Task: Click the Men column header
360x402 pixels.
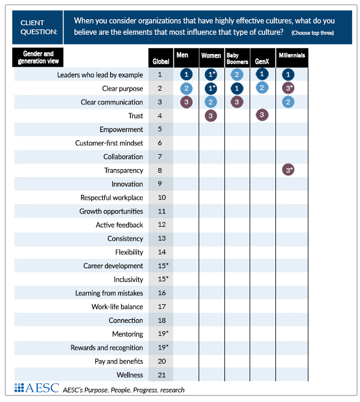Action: coord(182,55)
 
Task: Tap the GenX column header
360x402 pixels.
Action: coord(262,61)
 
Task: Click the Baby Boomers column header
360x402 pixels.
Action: coord(237,58)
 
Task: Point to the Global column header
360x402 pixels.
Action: coord(160,61)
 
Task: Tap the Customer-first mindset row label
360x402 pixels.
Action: coord(109,143)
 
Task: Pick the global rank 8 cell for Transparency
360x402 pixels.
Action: coord(160,170)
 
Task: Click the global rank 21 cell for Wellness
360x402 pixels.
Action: coord(160,375)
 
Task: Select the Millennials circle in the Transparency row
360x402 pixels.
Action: coord(289,170)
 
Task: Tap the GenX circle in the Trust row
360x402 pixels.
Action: coord(262,115)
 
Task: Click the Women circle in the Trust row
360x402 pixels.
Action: coord(211,115)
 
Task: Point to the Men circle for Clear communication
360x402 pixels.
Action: coord(187,102)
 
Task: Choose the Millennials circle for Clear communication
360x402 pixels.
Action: coord(289,102)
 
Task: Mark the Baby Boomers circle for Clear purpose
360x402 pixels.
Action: coord(237,88)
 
